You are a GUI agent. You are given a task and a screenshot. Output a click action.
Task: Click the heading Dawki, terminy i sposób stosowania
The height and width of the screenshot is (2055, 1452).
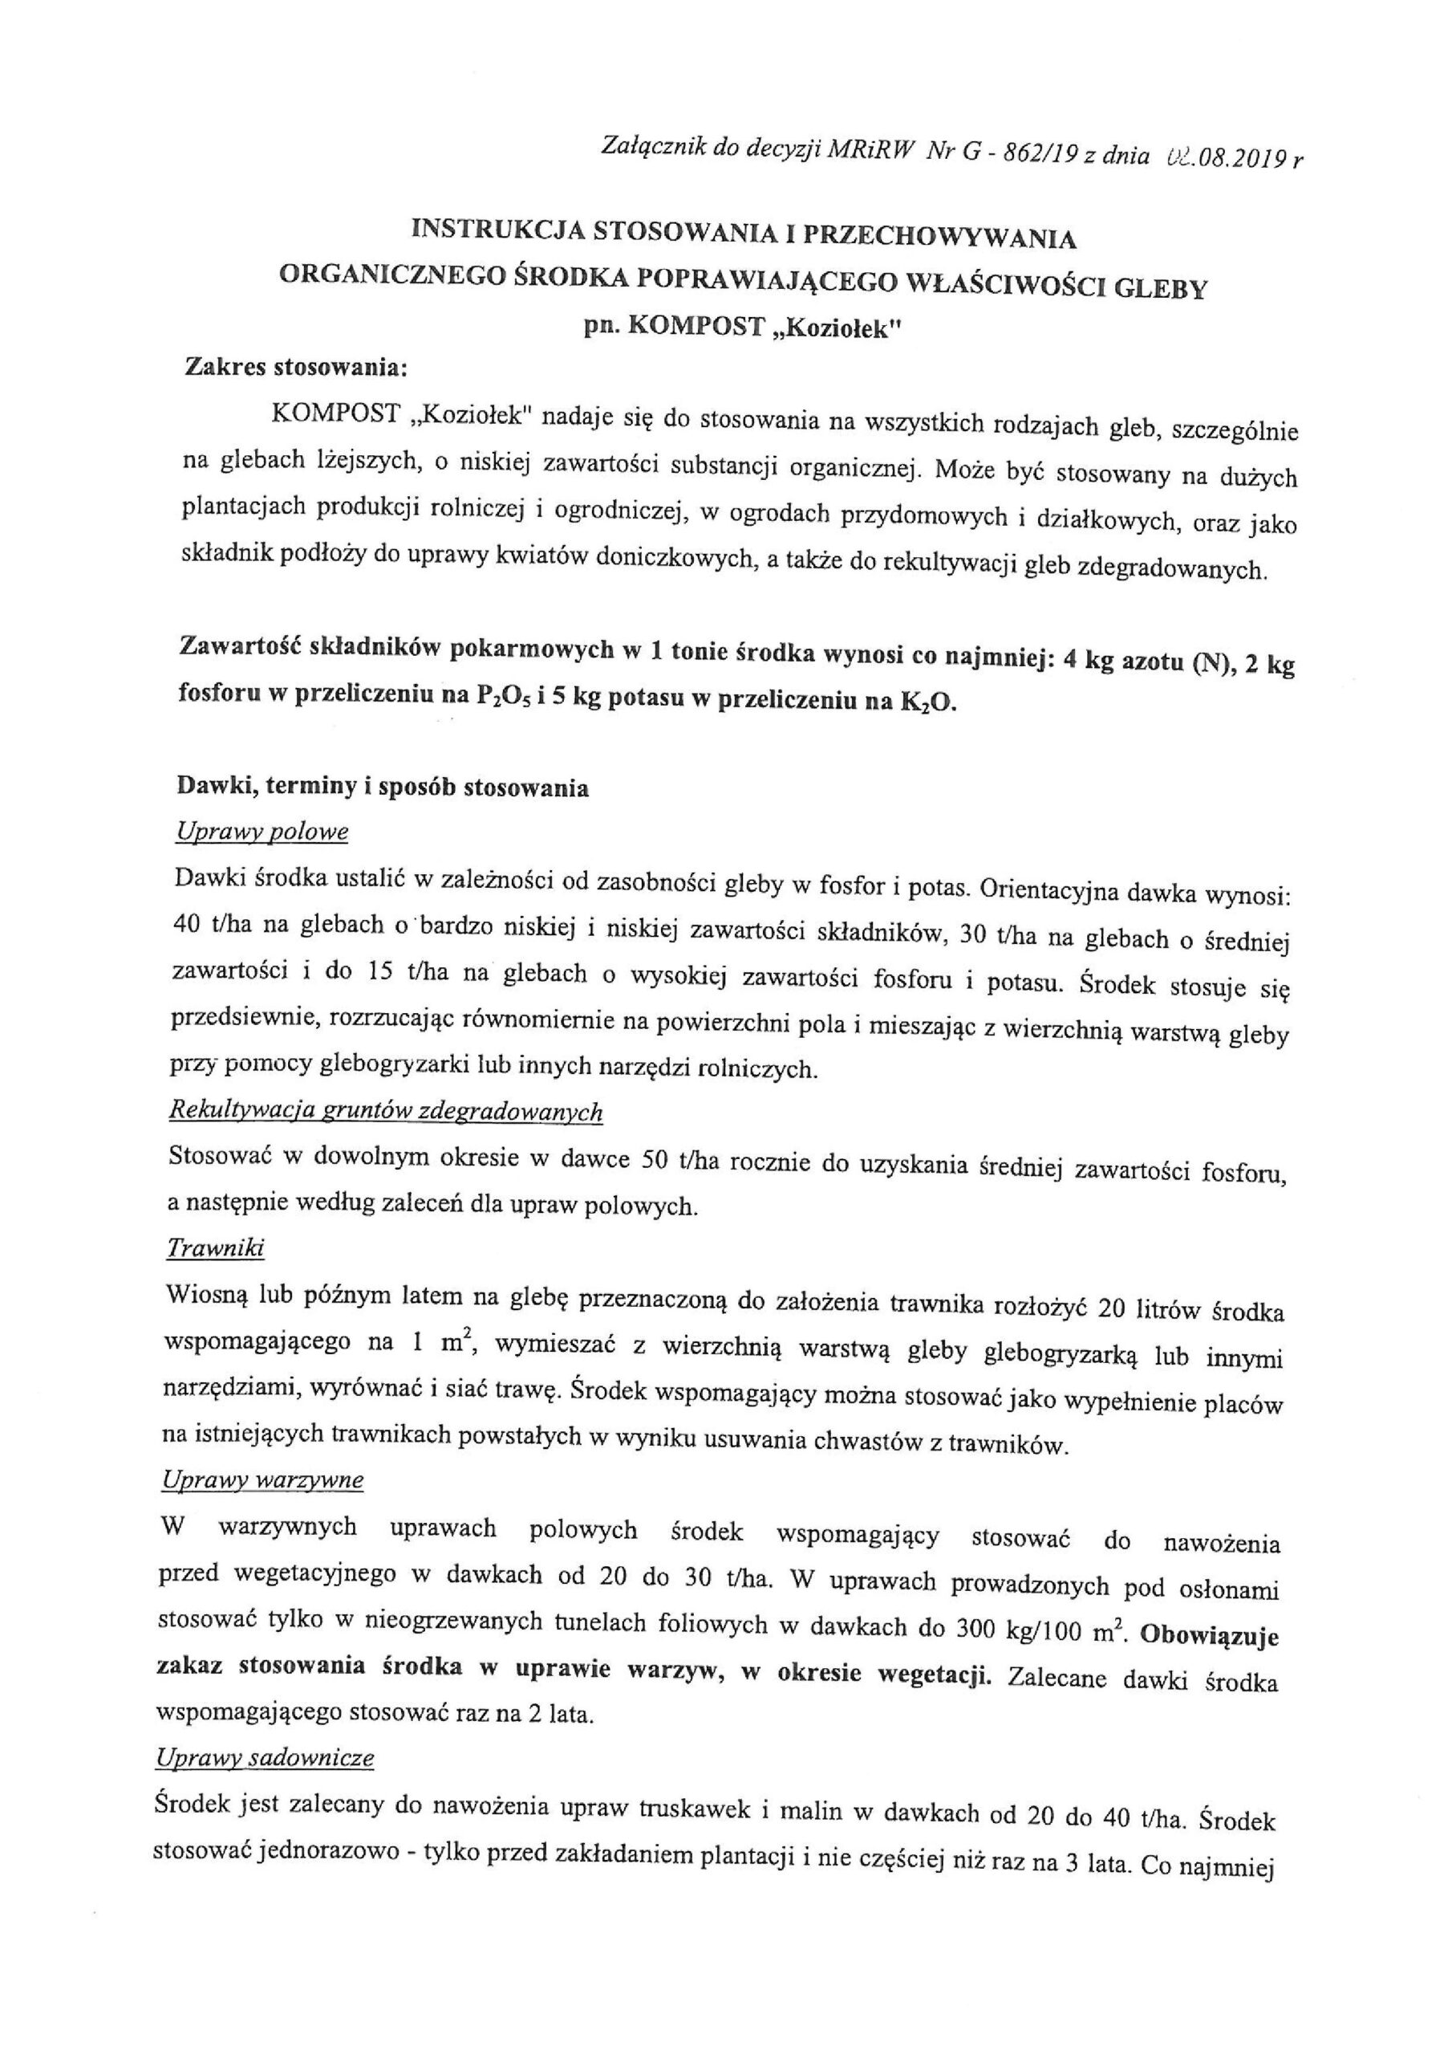(x=383, y=788)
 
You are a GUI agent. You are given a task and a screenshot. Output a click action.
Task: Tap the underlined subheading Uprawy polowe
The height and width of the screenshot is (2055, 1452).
(x=262, y=832)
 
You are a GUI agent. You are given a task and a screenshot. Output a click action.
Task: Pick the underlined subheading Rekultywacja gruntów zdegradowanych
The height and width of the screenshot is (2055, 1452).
(x=386, y=1112)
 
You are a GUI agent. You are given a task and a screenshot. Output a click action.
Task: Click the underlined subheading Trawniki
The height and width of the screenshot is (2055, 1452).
(x=216, y=1247)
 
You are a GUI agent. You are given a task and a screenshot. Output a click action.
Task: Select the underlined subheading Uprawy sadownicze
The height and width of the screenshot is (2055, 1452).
(x=265, y=1758)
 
